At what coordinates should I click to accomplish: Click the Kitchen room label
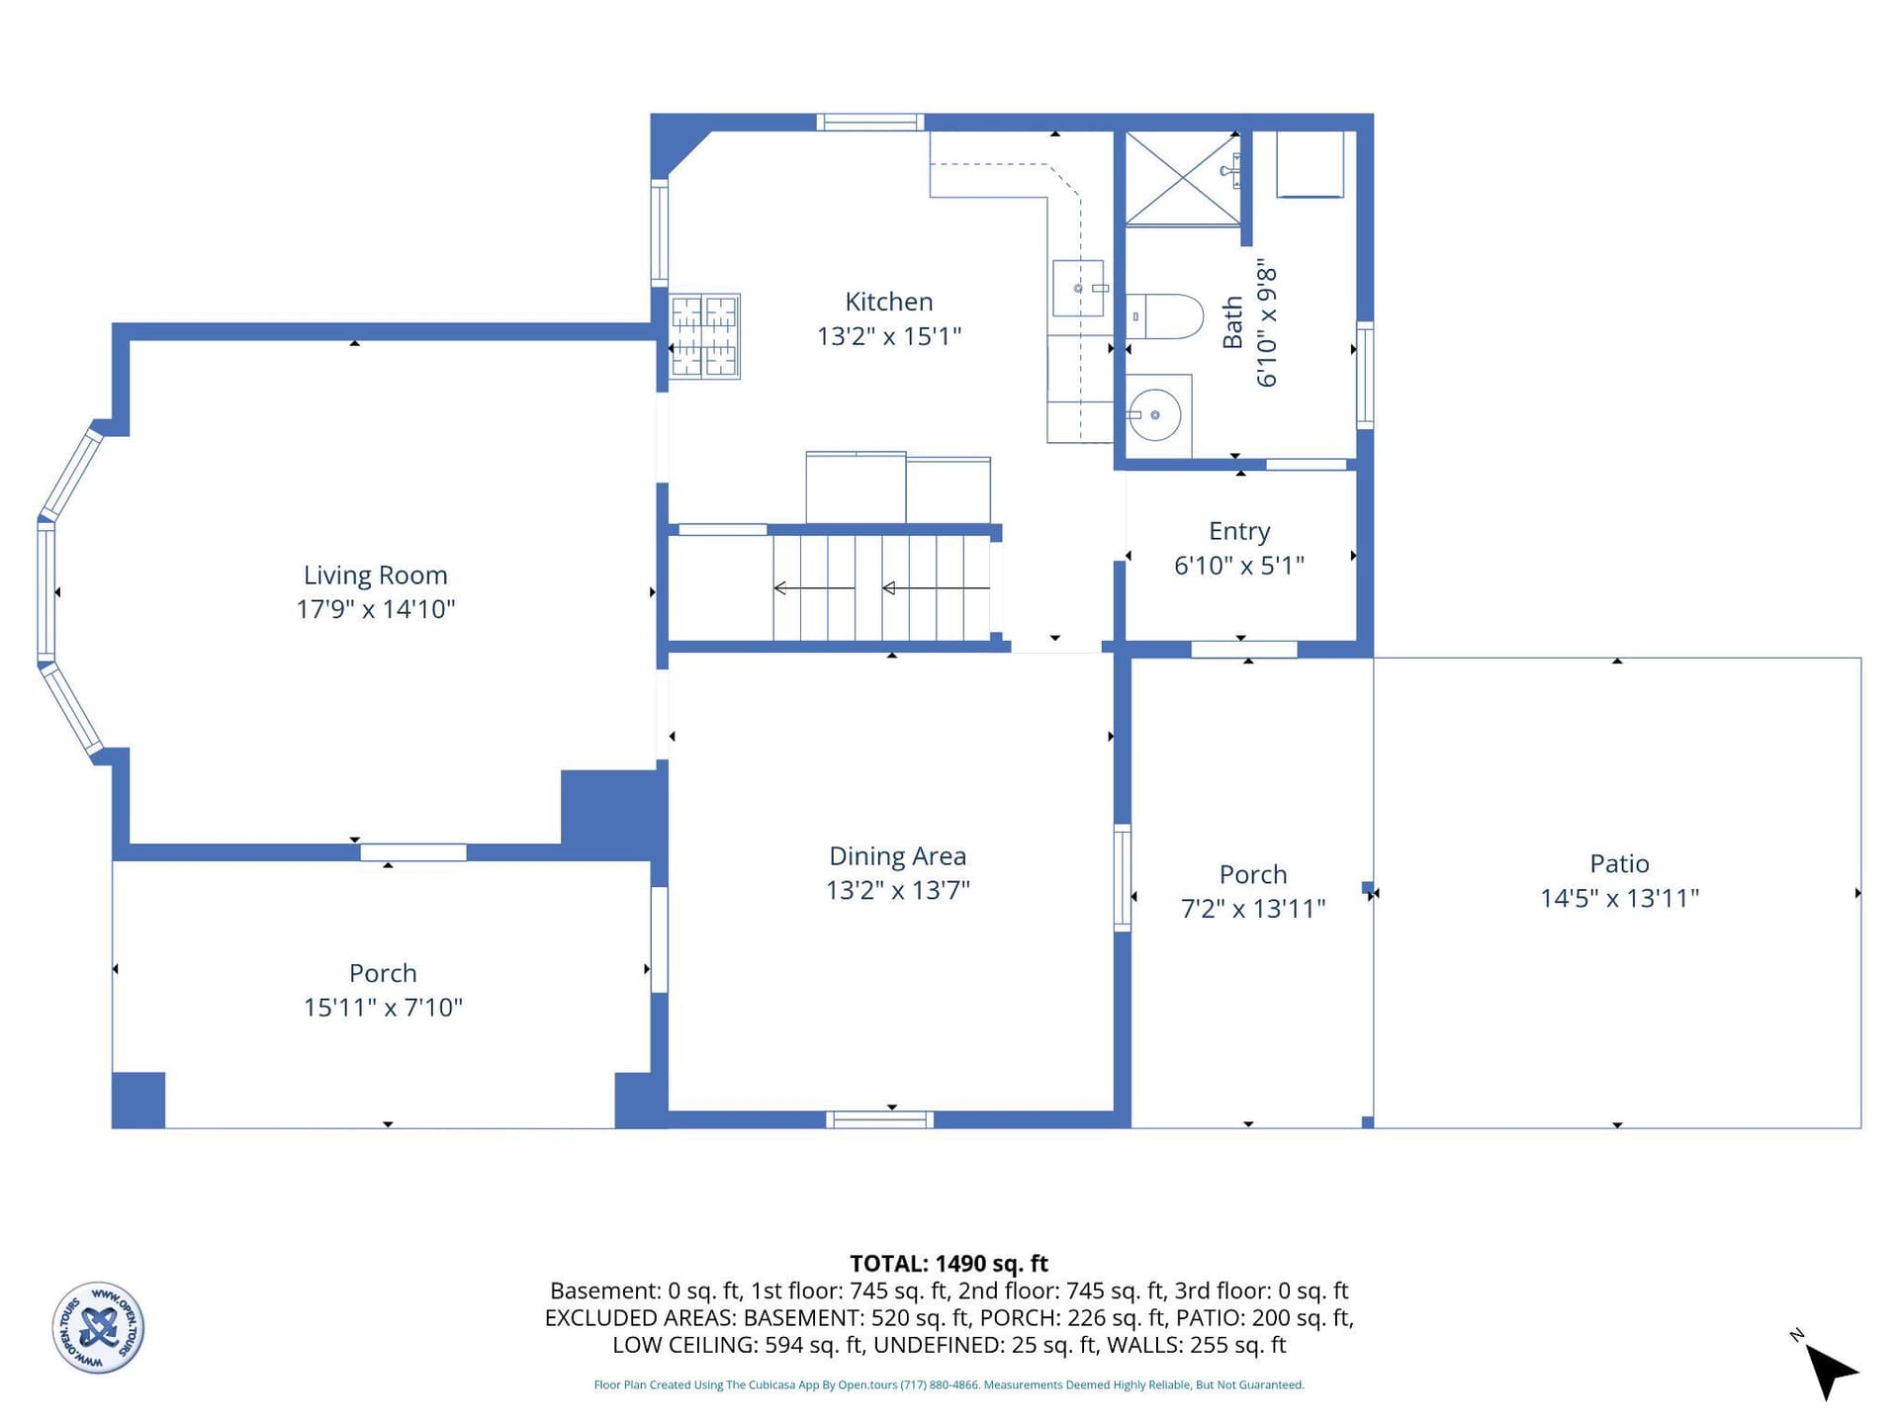(888, 302)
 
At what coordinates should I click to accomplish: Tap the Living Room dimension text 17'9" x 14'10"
(376, 609)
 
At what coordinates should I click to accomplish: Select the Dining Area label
(897, 856)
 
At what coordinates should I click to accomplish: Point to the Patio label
(1619, 863)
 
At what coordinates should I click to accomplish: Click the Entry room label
(1239, 532)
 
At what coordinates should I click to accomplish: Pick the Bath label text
(1232, 322)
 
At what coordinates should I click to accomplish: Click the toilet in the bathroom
(1164, 316)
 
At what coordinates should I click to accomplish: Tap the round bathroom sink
(1154, 415)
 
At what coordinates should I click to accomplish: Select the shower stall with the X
(1183, 178)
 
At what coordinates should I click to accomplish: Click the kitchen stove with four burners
(705, 336)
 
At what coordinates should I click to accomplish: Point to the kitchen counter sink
(1078, 288)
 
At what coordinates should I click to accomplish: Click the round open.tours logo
(98, 1327)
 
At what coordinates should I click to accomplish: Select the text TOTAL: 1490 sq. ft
(949, 1264)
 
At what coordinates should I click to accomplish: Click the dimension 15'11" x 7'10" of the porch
(383, 1008)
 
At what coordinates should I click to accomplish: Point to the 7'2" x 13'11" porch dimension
(1253, 909)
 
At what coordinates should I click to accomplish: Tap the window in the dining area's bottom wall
(880, 1119)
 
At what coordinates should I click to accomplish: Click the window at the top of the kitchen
(870, 123)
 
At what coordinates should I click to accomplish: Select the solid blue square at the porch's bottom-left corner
(138, 1100)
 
